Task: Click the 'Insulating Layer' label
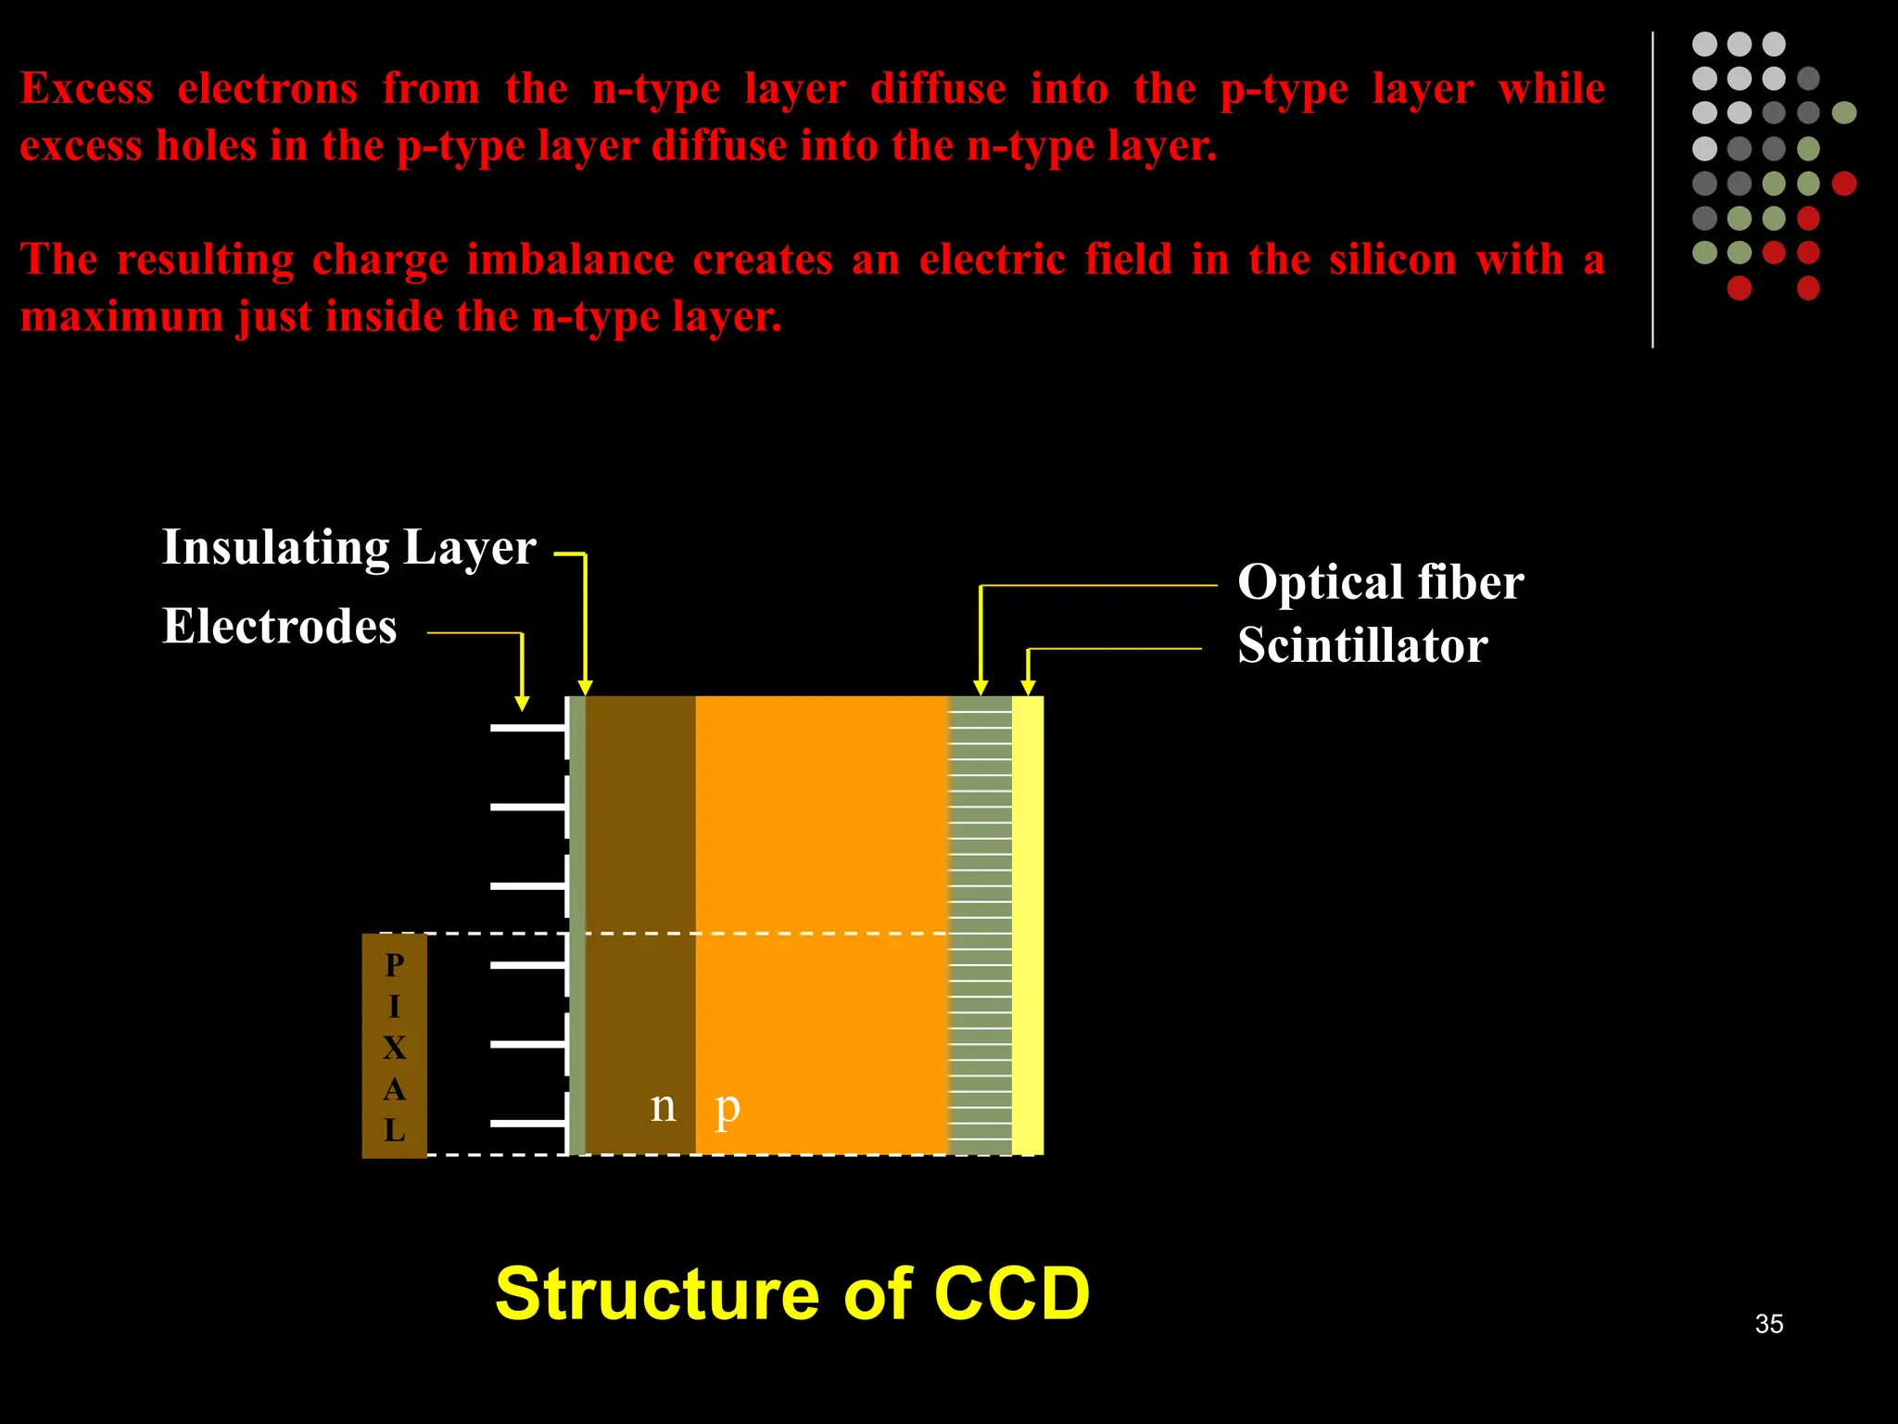tap(348, 548)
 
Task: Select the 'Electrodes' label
tap(279, 627)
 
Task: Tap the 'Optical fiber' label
tap(1380, 583)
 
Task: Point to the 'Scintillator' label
tap(1362, 646)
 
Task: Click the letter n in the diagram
tap(663, 1106)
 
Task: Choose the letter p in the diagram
tap(728, 1108)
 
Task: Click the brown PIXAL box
tap(394, 1046)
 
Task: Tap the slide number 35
tap(1768, 1324)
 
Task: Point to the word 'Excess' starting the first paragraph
tap(86, 90)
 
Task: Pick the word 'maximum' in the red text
tap(121, 318)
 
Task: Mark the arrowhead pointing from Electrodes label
tap(522, 704)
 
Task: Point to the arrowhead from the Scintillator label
tap(1028, 687)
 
